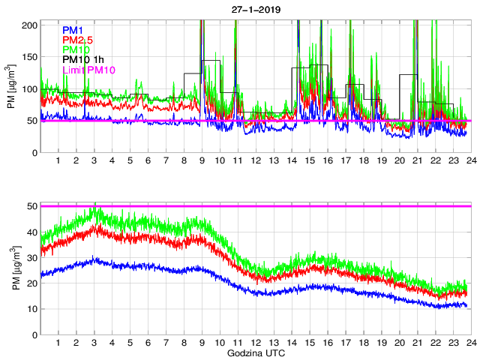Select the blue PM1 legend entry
[73, 30]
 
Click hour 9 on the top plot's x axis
[202, 161]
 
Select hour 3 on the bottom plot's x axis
[94, 343]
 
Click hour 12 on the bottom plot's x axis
[256, 343]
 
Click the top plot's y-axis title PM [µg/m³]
[11, 88]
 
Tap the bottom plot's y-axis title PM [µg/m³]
[11, 270]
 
